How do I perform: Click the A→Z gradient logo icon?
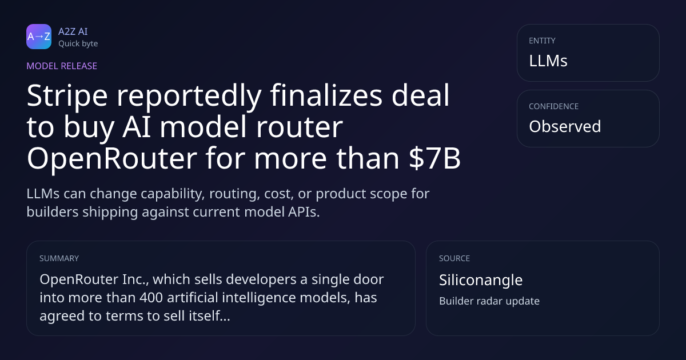(x=39, y=37)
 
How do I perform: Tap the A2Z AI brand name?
(x=73, y=31)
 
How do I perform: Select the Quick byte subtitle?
(x=78, y=43)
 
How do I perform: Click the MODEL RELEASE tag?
(x=62, y=66)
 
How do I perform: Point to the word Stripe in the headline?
(x=67, y=96)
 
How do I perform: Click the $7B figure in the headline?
(x=434, y=158)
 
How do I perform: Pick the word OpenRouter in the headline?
(x=112, y=158)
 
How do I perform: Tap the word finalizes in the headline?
(x=326, y=95)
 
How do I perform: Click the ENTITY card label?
(x=542, y=41)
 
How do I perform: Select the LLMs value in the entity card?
(x=548, y=61)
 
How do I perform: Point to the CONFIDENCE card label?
(x=554, y=106)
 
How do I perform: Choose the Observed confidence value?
(x=565, y=126)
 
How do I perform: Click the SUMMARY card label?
(x=59, y=258)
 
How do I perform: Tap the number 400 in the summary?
(x=151, y=298)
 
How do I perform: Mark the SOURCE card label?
(x=454, y=258)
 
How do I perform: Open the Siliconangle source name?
(x=481, y=280)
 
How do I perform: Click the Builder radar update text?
(x=489, y=301)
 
